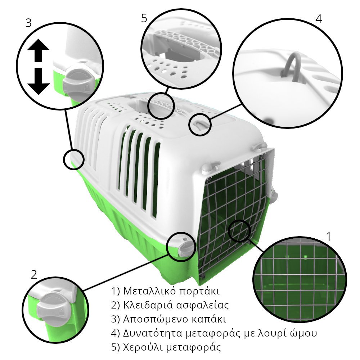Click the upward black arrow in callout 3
click(x=38, y=50)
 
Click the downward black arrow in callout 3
click(x=39, y=81)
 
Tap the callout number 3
click(x=28, y=23)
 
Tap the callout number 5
click(x=144, y=18)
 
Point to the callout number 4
click(x=319, y=19)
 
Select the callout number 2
click(x=34, y=275)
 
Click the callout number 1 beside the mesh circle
click(x=329, y=237)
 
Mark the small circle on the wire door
click(x=239, y=231)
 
